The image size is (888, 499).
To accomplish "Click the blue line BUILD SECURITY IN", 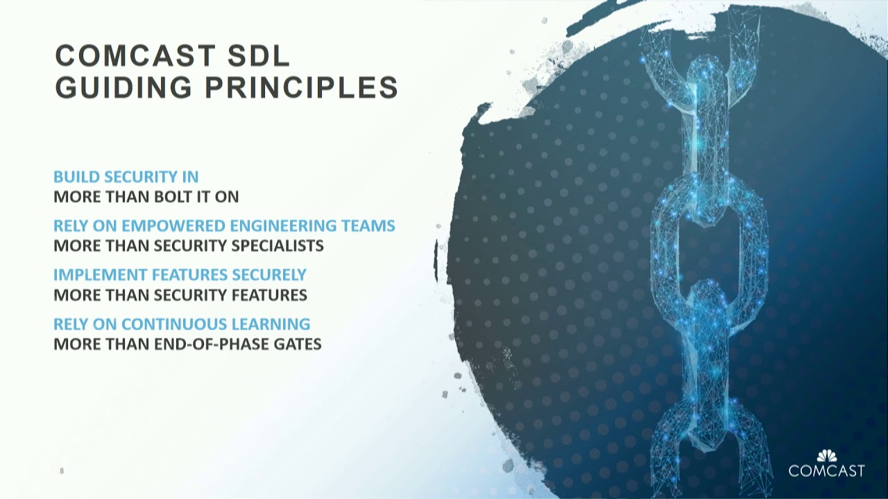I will click(126, 177).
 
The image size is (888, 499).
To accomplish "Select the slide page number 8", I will click(62, 471).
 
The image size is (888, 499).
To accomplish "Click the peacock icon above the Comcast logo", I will click(826, 455).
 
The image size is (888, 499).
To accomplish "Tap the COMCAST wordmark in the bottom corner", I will click(826, 471).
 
